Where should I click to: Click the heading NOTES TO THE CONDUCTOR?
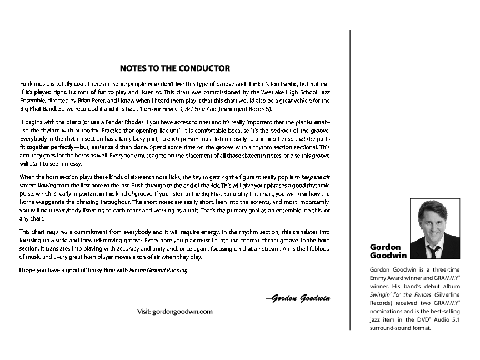(x=175, y=69)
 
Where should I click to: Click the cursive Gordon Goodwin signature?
(x=298, y=298)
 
